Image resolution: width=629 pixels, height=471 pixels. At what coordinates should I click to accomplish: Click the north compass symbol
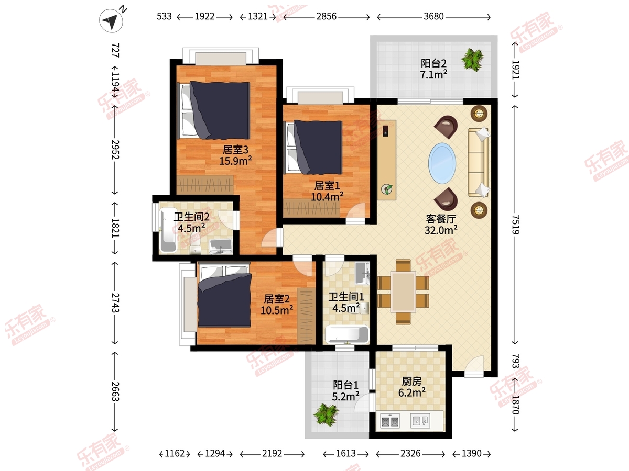[x=112, y=20]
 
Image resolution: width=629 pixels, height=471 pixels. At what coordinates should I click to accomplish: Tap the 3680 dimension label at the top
[x=433, y=17]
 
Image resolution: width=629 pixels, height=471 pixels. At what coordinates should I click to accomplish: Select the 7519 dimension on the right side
[x=516, y=225]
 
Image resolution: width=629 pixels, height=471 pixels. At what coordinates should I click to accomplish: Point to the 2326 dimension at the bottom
[x=410, y=453]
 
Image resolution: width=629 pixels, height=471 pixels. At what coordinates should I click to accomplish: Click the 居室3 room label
[x=235, y=150]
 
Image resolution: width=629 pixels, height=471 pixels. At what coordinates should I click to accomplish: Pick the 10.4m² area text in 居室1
[x=327, y=197]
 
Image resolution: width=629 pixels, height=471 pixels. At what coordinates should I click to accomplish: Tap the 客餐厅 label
[x=441, y=219]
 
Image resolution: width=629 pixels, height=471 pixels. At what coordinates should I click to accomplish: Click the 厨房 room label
[x=411, y=381]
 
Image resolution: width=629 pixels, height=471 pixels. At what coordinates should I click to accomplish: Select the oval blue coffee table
[x=442, y=163]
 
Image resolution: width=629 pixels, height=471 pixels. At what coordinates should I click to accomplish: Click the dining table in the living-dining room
[x=403, y=291]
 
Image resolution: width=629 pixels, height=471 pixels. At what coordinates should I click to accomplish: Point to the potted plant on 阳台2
[x=473, y=59]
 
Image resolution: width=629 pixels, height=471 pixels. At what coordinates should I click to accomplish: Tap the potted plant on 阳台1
[x=326, y=414]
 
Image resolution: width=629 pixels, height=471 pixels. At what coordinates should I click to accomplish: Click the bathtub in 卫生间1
[x=347, y=334]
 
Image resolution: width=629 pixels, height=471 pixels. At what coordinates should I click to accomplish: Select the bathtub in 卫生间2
[x=168, y=230]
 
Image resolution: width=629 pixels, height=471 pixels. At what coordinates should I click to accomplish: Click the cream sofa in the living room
[x=479, y=162]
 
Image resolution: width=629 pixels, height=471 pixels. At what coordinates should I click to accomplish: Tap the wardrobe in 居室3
[x=205, y=184]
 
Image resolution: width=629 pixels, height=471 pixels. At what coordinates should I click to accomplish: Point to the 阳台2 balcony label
[x=433, y=63]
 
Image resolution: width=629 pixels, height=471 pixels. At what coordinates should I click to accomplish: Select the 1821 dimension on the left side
[x=115, y=228]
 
